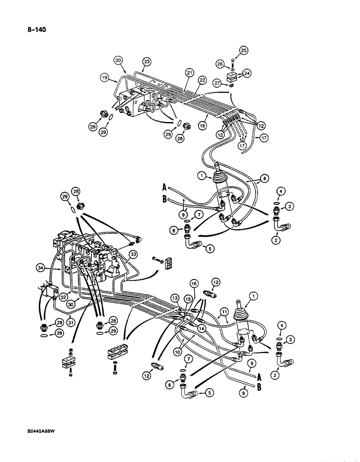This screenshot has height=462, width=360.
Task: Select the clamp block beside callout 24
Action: (x=233, y=76)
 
